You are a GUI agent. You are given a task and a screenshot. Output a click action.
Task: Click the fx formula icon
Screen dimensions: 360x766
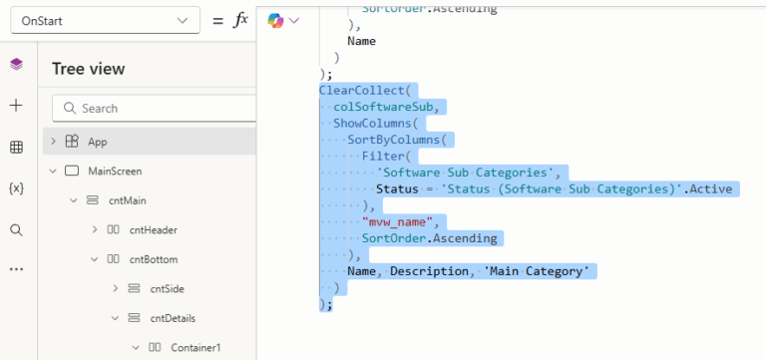(x=239, y=20)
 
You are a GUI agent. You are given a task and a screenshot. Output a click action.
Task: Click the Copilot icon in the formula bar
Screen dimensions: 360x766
(x=276, y=20)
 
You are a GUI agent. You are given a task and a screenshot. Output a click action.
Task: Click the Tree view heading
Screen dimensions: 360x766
(x=89, y=69)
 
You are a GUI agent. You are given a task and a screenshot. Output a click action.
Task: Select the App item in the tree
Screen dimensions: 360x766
(x=97, y=142)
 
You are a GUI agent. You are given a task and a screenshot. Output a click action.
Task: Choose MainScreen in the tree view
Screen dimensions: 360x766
(x=115, y=171)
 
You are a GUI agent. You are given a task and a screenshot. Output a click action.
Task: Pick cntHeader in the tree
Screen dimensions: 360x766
(x=153, y=229)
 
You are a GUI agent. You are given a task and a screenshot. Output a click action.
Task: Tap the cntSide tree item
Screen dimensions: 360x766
(x=167, y=289)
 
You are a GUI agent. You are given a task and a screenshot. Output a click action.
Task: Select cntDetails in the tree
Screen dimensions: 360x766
(x=173, y=318)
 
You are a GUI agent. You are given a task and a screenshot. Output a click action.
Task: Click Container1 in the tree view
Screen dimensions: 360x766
(x=195, y=348)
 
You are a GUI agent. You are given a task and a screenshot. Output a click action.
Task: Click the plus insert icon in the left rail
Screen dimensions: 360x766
(x=16, y=106)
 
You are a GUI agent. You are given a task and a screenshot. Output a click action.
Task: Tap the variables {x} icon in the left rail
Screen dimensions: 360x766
(x=16, y=188)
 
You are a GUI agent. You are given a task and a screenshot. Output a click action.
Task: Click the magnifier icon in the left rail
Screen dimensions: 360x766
(x=16, y=229)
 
